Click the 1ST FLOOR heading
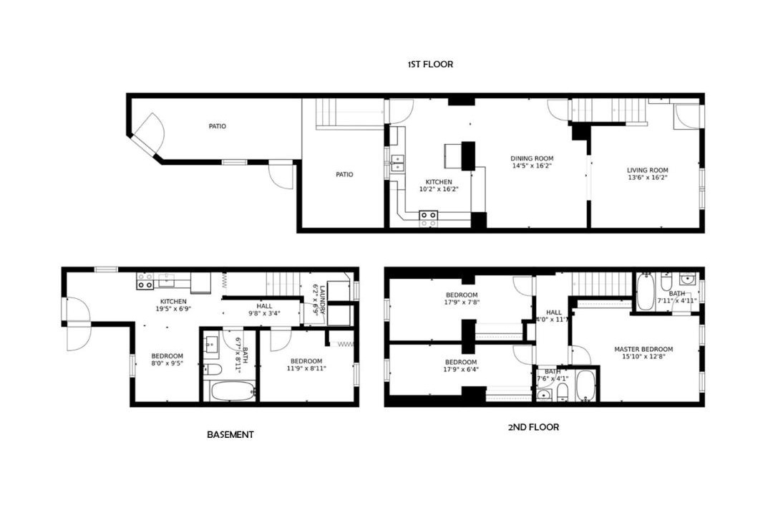tap(430, 64)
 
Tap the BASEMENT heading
tap(230, 434)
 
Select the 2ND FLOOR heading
tap(533, 427)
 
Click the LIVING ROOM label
tap(647, 171)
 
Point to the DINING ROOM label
tap(531, 158)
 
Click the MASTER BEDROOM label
tap(643, 349)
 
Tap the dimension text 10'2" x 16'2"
tap(439, 188)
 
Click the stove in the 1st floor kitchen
tap(428, 215)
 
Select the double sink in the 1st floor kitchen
tap(397, 163)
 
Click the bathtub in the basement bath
tap(233, 391)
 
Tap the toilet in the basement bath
tap(213, 369)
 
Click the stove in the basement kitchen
tap(145, 281)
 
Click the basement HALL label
tap(264, 306)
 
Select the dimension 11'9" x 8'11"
tap(306, 368)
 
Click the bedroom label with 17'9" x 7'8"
tap(462, 295)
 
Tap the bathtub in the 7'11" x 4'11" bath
tap(644, 292)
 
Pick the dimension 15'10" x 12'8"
tap(643, 356)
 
